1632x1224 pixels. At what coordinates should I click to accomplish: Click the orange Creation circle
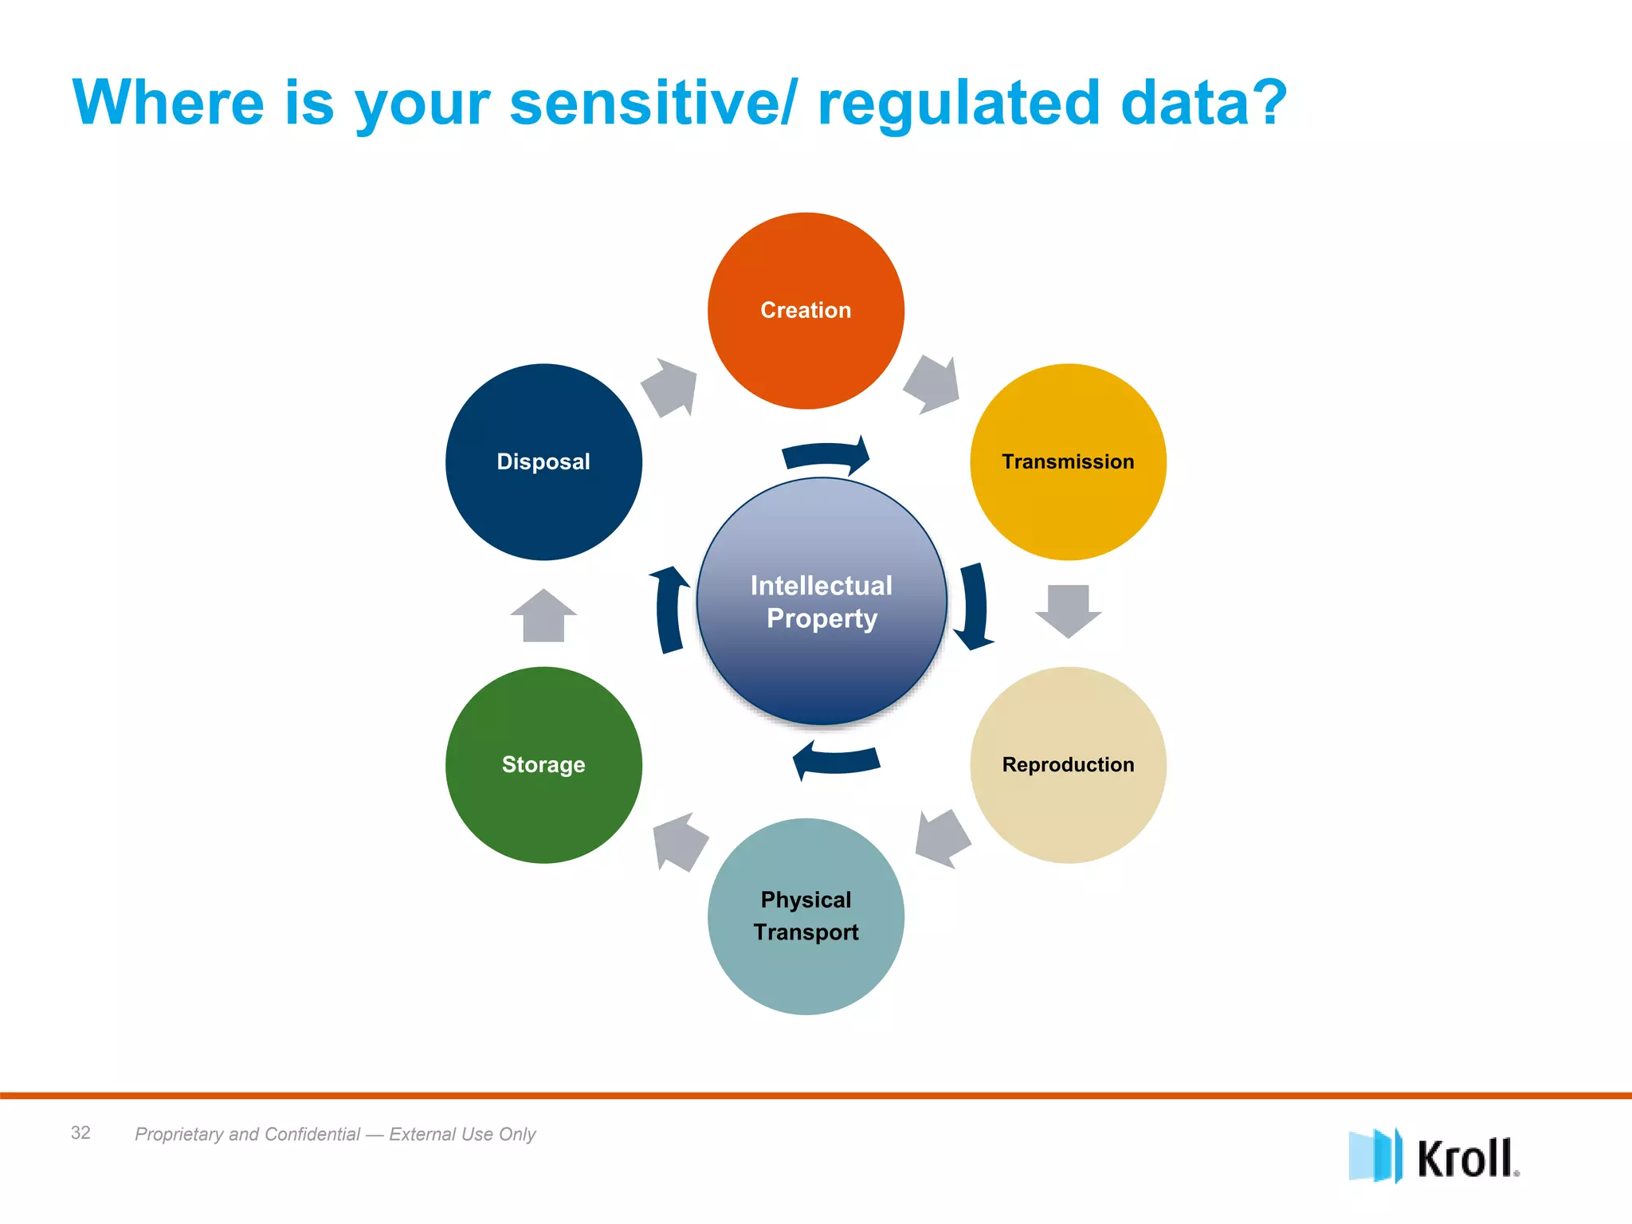click(x=806, y=311)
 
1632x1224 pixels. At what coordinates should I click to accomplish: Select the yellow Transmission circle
click(x=1068, y=462)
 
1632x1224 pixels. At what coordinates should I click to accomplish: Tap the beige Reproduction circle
click(x=1068, y=765)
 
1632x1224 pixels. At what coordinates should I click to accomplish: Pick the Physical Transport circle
click(x=806, y=916)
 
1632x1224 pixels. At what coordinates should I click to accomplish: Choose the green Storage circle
click(x=543, y=765)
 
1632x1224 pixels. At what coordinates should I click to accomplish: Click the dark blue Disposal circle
click(x=543, y=462)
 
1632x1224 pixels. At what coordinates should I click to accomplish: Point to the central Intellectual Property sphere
click(x=822, y=602)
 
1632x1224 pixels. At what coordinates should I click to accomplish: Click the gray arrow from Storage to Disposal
click(x=543, y=616)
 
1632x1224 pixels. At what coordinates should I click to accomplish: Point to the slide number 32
click(x=80, y=1132)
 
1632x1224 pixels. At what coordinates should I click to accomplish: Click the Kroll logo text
click(x=1465, y=1158)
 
